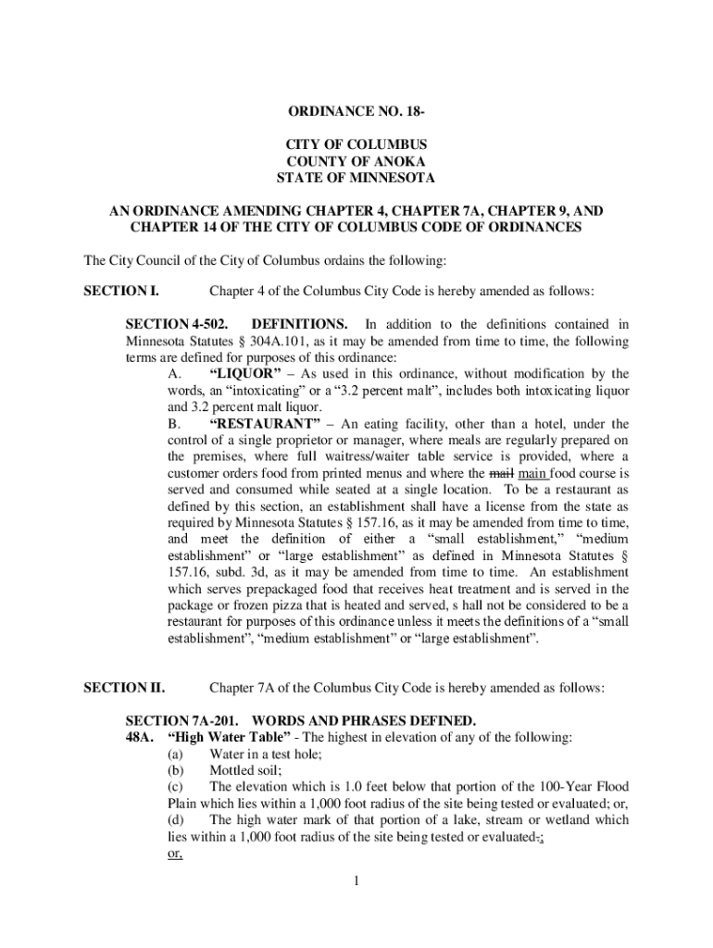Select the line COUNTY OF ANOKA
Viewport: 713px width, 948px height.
click(x=356, y=161)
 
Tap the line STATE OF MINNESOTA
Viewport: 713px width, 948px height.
click(x=356, y=178)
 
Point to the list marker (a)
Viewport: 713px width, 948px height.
click(x=176, y=754)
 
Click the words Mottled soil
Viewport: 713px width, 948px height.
click(x=245, y=770)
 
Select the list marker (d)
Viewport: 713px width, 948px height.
click(x=176, y=820)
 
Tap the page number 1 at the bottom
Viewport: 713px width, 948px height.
click(x=356, y=879)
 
